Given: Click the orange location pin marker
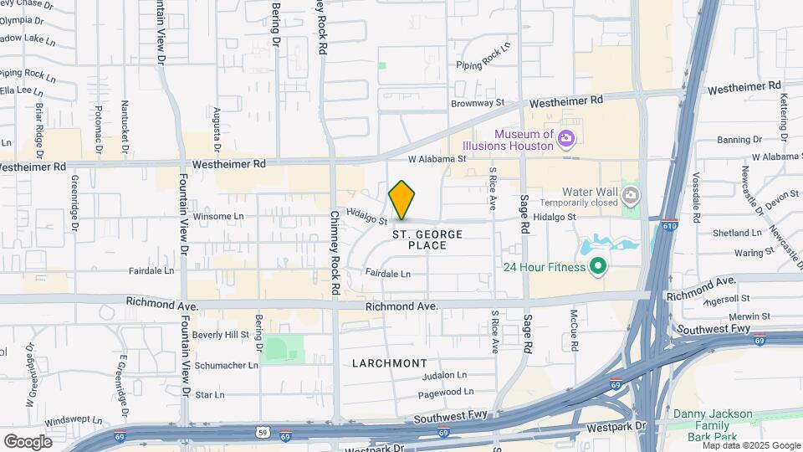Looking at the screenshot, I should click(402, 200).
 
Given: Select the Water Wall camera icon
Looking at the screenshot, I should click(631, 197).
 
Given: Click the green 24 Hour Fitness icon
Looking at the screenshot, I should click(598, 268).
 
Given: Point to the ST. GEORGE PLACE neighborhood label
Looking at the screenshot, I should click(427, 240).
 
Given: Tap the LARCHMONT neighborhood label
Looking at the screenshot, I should click(390, 363).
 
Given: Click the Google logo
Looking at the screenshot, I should click(28, 441).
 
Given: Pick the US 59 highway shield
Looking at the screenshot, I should click(262, 433).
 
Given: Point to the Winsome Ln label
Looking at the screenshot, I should click(218, 216).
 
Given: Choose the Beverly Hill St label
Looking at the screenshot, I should click(221, 334).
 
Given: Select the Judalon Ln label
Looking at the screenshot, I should click(443, 376).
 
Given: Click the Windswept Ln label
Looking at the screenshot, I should click(73, 420).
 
